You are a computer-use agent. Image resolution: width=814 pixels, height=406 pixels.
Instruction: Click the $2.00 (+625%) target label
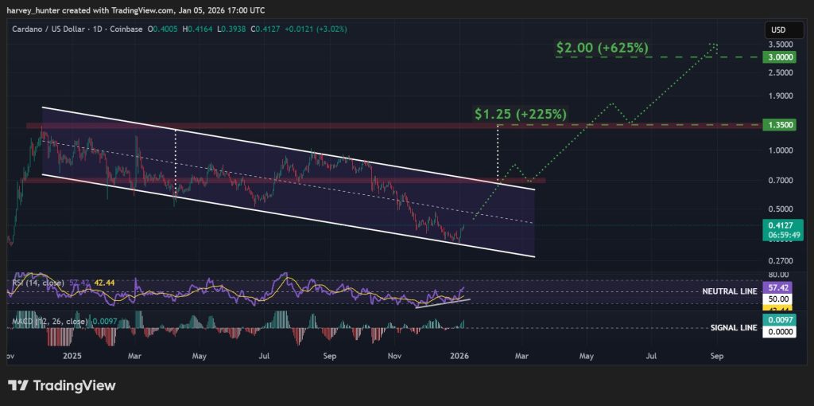(602, 48)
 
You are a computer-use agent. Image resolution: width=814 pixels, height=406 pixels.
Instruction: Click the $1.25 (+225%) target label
(520, 114)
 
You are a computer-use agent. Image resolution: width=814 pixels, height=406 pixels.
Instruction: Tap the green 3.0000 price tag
(777, 57)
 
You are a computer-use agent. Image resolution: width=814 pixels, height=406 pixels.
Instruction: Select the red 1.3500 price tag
(777, 125)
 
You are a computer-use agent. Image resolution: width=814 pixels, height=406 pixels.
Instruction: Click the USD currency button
(777, 29)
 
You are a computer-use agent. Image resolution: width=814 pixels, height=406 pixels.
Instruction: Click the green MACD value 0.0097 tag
(777, 319)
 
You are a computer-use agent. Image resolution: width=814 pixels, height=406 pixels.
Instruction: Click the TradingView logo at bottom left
(62, 386)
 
